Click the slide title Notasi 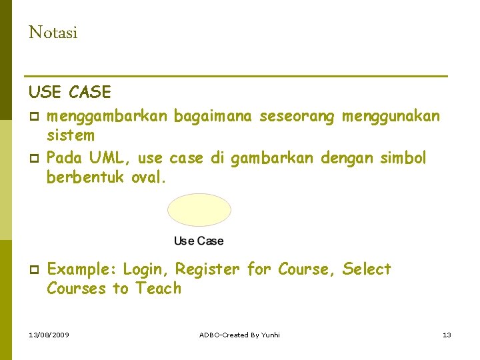coord(53,33)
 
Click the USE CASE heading coord(70,91)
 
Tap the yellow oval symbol coord(199,210)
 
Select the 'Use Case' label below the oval coord(199,241)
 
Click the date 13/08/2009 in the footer coord(49,334)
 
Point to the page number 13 coord(447,334)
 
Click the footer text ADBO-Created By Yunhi coord(239,334)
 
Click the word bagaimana coord(213,117)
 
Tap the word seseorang coord(296,117)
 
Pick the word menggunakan coord(391,117)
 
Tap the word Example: coord(82,269)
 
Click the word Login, coord(147,269)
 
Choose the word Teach coord(159,289)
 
